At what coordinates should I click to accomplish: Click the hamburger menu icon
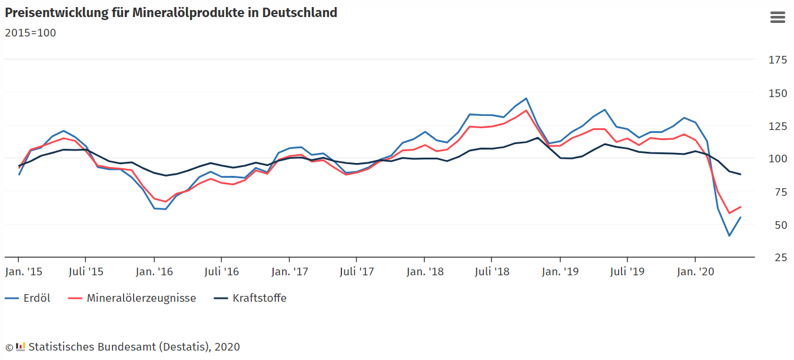pyautogui.click(x=778, y=18)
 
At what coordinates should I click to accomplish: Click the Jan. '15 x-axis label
pyautogui.click(x=24, y=272)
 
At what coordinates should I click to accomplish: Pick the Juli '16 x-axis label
pyautogui.click(x=221, y=272)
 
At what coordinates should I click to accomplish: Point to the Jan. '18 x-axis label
pyautogui.click(x=425, y=272)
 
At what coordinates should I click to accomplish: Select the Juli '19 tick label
pyautogui.click(x=627, y=272)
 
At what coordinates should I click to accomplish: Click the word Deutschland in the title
pyautogui.click(x=300, y=12)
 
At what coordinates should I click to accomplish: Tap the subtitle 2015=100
pyautogui.click(x=31, y=33)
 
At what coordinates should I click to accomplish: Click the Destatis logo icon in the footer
pyautogui.click(x=21, y=346)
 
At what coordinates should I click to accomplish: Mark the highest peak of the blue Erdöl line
pyautogui.click(x=526, y=98)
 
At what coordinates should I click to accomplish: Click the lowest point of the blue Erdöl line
pyautogui.click(x=729, y=236)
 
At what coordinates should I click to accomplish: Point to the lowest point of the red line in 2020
pyautogui.click(x=729, y=213)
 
